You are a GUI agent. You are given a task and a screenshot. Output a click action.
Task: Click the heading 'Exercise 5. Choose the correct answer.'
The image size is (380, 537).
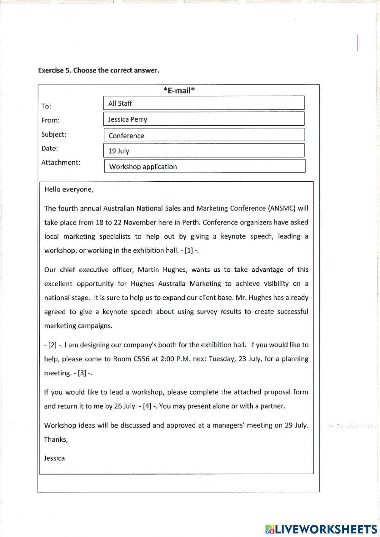click(98, 70)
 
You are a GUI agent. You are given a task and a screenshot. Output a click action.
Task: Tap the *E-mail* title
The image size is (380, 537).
click(179, 90)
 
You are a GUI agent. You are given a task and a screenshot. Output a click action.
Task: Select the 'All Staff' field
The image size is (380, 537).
click(204, 103)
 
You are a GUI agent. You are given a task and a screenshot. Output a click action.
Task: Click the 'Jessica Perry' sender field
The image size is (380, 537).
click(204, 119)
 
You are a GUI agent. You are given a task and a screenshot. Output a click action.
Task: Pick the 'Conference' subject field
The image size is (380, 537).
click(204, 135)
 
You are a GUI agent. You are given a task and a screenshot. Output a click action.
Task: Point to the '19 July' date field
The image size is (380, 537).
click(204, 150)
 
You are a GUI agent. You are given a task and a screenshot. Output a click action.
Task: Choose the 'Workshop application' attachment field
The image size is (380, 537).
click(204, 166)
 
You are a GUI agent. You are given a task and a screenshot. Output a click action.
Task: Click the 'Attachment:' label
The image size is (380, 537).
click(61, 162)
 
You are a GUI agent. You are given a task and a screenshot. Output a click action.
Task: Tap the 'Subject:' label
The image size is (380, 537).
click(54, 134)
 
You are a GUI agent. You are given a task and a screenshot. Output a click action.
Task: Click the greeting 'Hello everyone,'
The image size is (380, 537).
click(69, 189)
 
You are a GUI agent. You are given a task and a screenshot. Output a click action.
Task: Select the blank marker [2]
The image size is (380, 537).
click(52, 345)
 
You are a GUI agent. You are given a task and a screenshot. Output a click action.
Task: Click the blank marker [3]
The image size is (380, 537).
click(82, 373)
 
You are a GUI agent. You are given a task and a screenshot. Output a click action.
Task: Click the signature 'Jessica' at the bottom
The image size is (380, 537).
click(54, 458)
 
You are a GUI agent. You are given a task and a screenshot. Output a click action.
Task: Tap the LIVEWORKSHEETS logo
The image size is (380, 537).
click(321, 529)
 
